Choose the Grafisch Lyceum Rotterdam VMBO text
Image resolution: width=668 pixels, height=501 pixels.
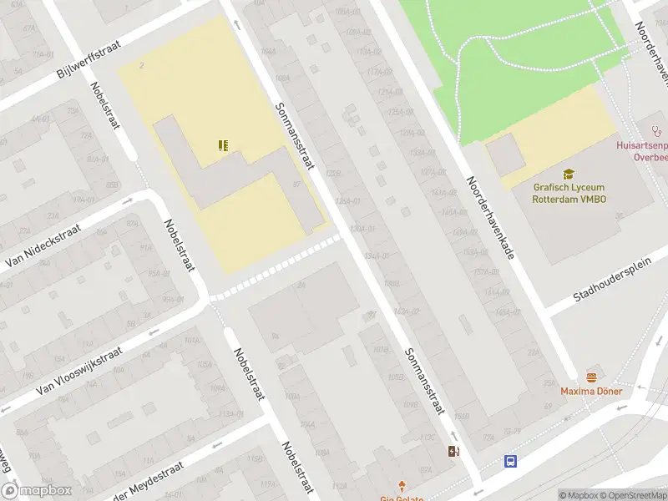569,194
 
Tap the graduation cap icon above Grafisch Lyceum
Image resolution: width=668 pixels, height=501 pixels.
569,174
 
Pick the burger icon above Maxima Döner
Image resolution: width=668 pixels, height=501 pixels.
592,377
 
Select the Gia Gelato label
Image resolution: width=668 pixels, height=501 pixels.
402,498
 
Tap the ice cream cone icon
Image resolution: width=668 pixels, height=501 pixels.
403,484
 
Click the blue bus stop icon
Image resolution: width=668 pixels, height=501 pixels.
509,461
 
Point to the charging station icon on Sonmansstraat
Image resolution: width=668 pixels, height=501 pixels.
453,452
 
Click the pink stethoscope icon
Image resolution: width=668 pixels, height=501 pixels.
656,130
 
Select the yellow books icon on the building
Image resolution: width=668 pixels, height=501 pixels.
223,146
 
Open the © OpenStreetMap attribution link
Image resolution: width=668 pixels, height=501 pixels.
633,495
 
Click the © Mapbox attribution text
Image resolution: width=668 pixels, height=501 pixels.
579,495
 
